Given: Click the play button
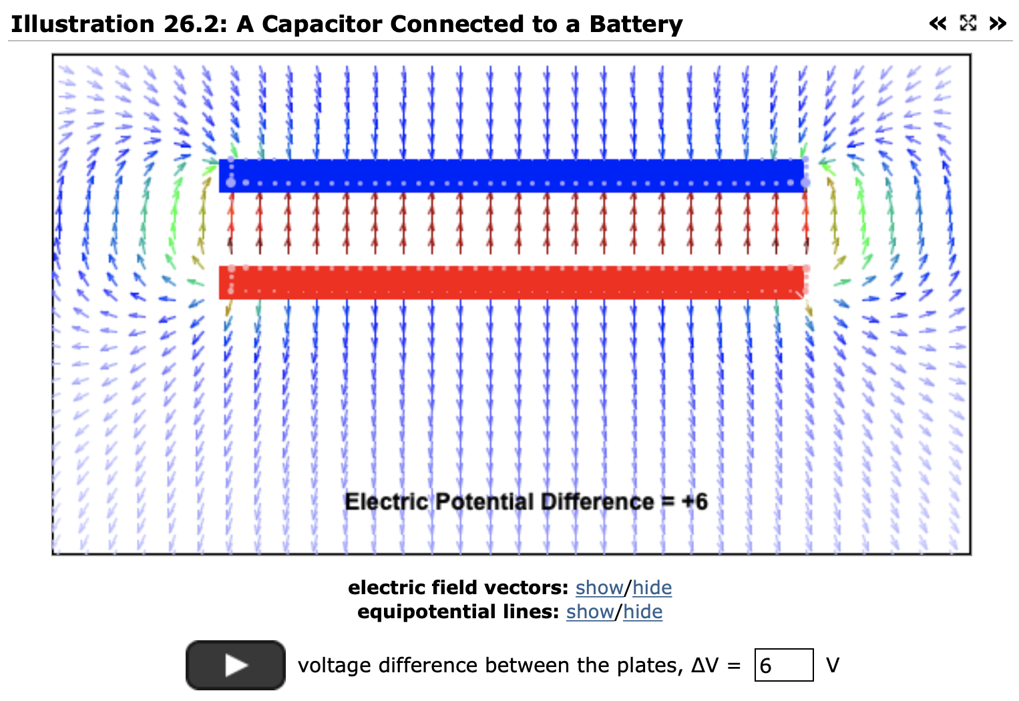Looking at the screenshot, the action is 236,665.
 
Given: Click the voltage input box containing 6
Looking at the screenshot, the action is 784,665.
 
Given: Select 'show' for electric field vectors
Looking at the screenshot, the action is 599,588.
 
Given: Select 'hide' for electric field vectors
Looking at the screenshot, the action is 652,588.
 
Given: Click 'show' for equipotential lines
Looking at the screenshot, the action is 590,612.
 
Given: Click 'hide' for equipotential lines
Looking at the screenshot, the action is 642,612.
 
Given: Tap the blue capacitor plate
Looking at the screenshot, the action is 512,176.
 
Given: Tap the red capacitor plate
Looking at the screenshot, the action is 512,282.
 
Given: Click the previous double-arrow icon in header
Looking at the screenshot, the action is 938,23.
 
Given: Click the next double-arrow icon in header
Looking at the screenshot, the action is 998,23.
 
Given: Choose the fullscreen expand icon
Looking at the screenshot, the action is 968,23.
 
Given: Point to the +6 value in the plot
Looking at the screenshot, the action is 694,502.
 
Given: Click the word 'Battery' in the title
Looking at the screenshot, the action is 636,24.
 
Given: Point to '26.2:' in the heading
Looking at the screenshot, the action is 195,24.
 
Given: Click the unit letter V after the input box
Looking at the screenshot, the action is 833,665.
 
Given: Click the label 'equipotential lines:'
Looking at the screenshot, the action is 458,612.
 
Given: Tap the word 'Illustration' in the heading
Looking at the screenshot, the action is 83,24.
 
